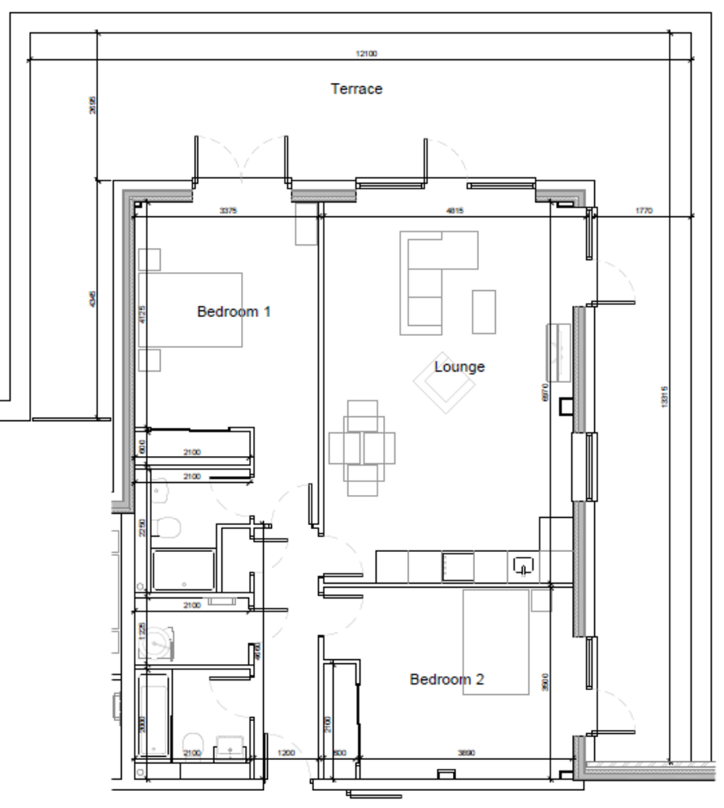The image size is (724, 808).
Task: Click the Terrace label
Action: pos(357,89)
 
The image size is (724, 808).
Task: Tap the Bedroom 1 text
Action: pos(233,312)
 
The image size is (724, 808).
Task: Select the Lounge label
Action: pos(459,367)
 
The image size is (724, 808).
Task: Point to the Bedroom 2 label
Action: pos(447,679)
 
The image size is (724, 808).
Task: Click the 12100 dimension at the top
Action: pos(366,54)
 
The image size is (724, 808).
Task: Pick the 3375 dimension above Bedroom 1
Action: pos(228,211)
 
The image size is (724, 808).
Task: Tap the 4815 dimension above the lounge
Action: pos(455,211)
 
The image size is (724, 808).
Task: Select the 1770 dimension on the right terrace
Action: pos(644,211)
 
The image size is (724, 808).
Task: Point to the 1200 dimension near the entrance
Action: pos(286,753)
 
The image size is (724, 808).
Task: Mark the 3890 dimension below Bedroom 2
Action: pos(466,753)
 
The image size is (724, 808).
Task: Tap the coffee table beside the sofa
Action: pos(484,311)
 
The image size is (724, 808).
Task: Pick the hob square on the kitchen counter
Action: pos(458,567)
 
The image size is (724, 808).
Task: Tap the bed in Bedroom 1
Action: pos(190,310)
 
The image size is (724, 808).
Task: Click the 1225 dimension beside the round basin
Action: pos(141,631)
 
